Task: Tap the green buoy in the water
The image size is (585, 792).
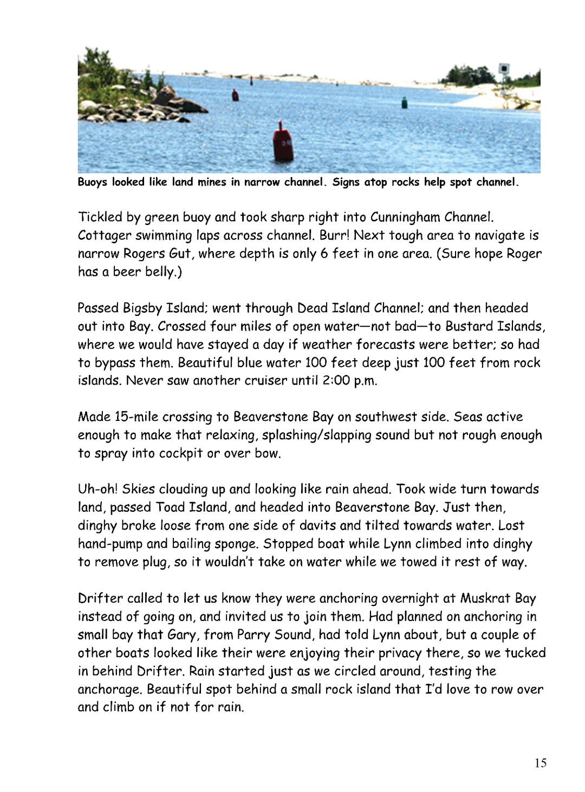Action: (404, 102)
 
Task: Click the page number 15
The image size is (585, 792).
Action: (540, 763)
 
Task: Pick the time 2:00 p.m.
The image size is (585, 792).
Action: (349, 381)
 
